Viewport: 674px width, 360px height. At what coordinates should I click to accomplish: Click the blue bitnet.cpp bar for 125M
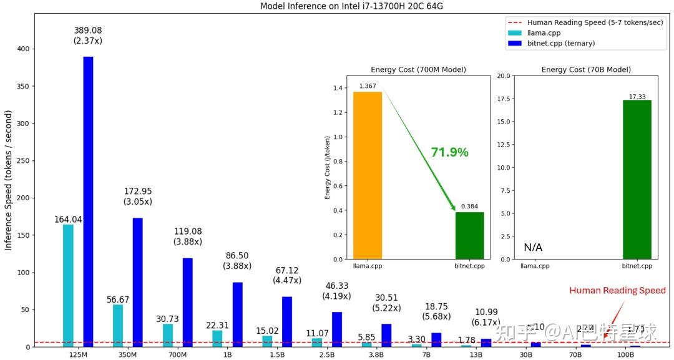point(88,200)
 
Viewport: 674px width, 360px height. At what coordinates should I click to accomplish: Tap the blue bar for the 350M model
point(137,281)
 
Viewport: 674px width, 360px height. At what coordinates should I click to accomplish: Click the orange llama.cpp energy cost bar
point(368,175)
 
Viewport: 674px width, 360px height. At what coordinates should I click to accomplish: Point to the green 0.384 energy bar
point(469,235)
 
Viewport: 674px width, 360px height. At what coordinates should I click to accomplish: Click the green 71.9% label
point(449,152)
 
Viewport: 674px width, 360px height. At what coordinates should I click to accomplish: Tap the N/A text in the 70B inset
point(533,248)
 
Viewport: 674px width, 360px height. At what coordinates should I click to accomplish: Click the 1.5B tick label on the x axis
point(277,354)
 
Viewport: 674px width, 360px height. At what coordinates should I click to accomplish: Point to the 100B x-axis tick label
point(625,354)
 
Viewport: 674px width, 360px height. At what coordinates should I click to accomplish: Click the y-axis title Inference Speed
point(9,180)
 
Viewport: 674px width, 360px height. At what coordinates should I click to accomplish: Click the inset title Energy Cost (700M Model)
point(418,69)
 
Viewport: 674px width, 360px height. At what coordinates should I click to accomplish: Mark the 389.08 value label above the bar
point(88,30)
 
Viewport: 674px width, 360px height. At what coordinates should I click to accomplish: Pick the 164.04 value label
point(68,220)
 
